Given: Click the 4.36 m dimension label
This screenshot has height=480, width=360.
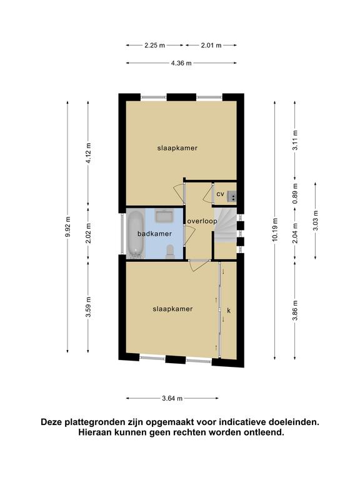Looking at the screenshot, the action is (181, 63).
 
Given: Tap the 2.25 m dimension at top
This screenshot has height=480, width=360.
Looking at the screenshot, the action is (154, 45).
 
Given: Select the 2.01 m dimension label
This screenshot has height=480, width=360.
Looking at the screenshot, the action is (211, 45).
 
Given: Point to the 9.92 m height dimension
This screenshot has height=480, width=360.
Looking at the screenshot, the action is (67, 226).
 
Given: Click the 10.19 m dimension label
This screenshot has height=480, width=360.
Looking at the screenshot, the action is (275, 229).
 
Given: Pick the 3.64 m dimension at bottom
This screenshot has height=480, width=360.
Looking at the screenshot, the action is (172, 398).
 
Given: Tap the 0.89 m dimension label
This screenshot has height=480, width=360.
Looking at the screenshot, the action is (295, 194).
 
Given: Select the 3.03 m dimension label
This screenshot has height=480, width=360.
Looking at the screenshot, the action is (316, 221).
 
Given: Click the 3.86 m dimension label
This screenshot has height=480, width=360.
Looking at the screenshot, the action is (295, 311).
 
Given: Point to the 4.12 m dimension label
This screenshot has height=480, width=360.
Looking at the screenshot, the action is (88, 153).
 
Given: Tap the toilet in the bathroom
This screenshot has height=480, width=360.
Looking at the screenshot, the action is (169, 251).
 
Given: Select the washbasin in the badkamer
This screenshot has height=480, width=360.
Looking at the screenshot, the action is (164, 216).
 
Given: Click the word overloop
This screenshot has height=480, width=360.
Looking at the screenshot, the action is (202, 221).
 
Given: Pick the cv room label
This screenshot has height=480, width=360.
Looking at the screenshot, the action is (221, 194).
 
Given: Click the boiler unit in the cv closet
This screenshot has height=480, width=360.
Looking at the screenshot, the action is (232, 196).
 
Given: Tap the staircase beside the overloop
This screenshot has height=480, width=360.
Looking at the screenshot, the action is (225, 225).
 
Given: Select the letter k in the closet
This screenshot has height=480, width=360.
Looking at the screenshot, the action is (229, 311).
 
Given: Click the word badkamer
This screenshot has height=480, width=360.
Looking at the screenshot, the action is (154, 234).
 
